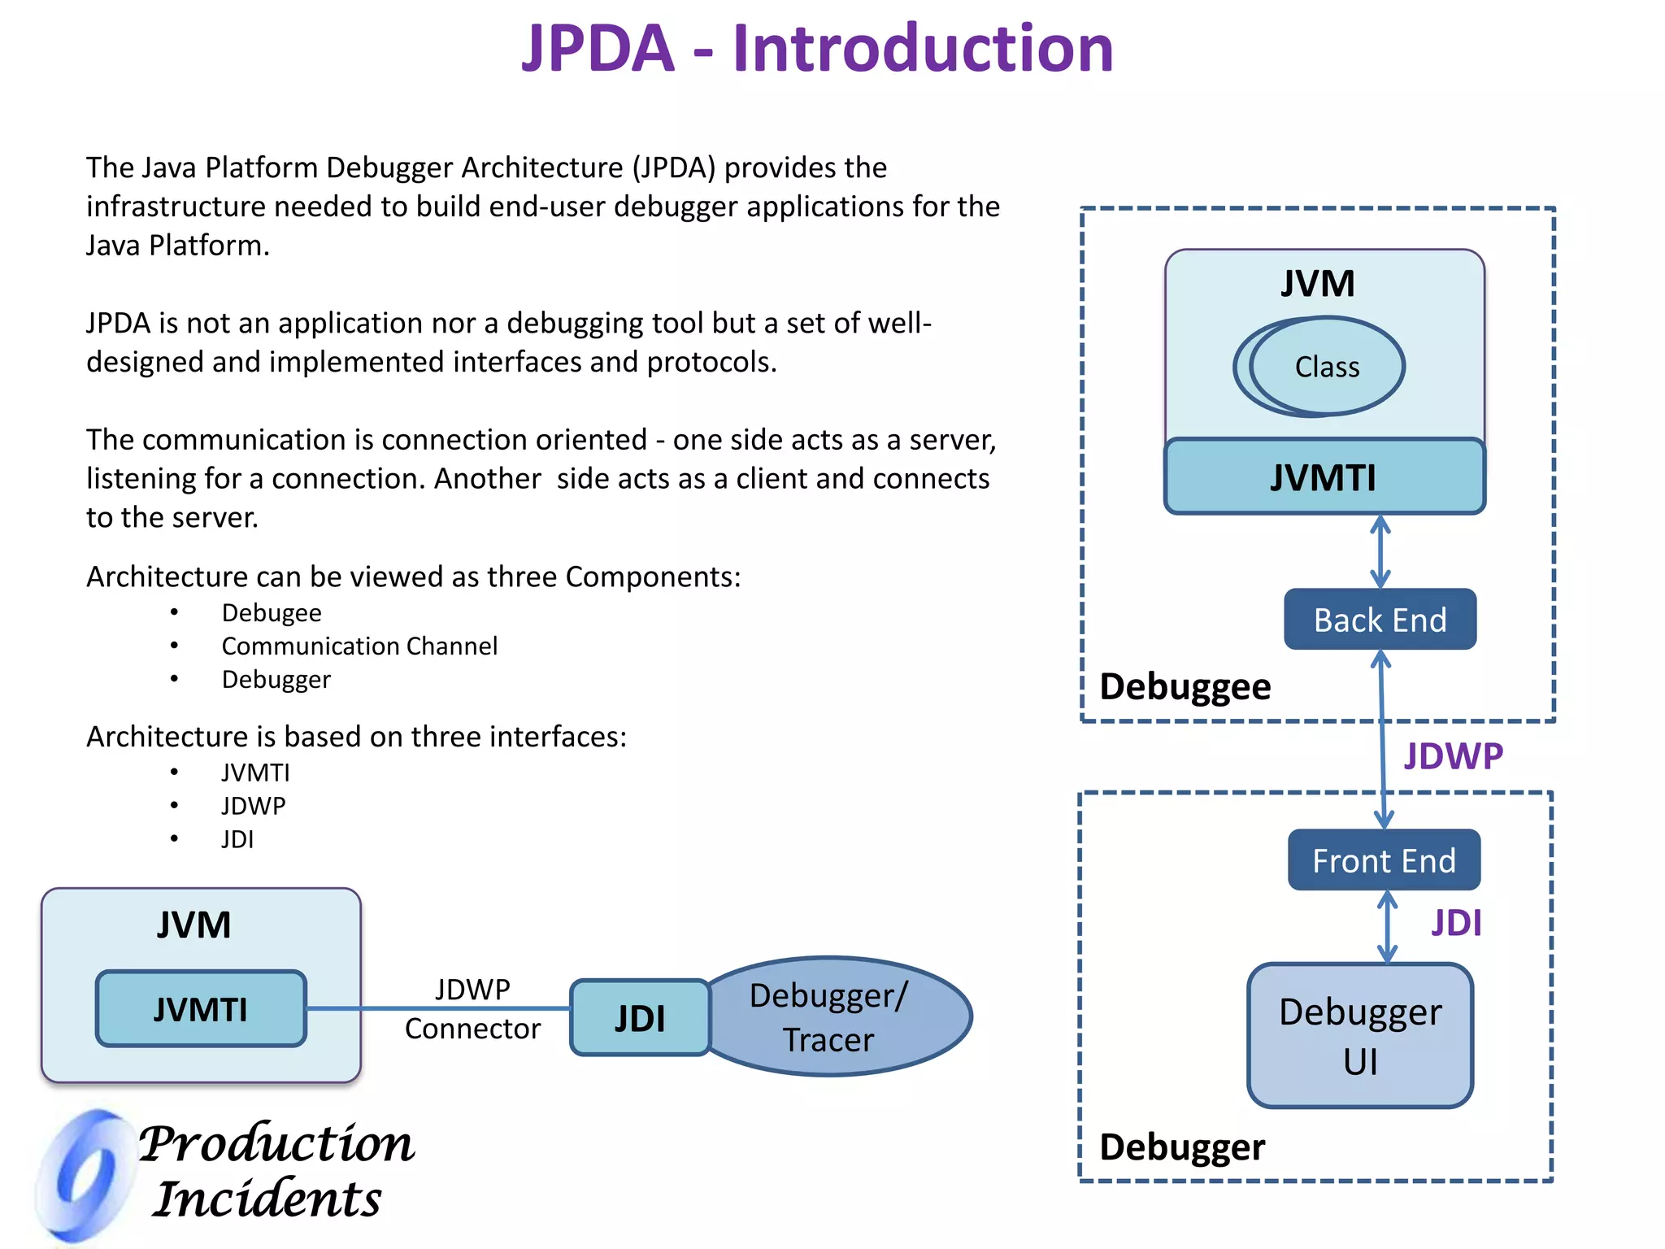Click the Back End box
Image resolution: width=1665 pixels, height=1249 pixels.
point(1380,620)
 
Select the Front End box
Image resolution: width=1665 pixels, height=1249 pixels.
point(1384,860)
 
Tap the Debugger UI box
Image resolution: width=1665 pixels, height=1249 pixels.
point(1360,1035)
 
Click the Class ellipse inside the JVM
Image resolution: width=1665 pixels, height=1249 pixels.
point(1326,367)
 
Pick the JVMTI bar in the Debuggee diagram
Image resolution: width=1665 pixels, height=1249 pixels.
point(1324,477)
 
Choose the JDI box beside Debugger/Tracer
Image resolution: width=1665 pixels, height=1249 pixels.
point(640,1018)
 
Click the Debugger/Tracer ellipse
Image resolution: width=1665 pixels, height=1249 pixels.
point(837,1017)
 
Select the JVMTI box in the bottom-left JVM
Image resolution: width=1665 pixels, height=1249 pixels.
point(201,1009)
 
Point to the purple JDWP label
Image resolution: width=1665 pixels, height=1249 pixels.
point(1453,756)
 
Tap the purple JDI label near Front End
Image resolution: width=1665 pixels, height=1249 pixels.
point(1456,923)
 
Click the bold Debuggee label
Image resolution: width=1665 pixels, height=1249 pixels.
point(1185,687)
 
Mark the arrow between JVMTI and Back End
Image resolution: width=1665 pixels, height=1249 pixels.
point(1380,551)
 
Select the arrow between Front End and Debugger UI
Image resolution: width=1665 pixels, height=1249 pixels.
point(1387,927)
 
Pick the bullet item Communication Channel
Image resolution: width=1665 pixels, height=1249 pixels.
point(359,646)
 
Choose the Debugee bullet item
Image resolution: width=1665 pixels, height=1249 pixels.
point(272,613)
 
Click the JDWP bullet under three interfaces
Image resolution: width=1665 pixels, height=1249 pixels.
point(254,806)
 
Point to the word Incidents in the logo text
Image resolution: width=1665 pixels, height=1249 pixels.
point(267,1199)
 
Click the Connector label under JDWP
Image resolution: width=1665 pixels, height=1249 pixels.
point(472,1029)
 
